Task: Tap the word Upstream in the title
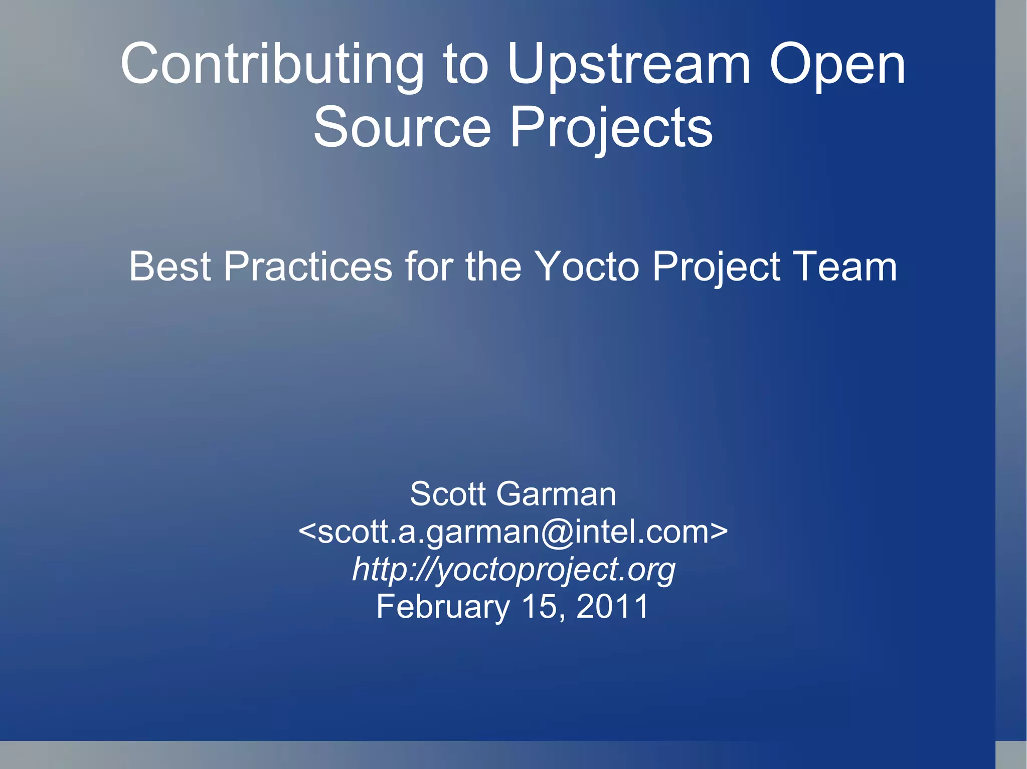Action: click(629, 65)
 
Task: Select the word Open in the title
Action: click(837, 65)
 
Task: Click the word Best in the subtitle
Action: click(169, 267)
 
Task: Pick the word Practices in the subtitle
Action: click(307, 267)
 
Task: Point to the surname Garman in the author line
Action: click(556, 494)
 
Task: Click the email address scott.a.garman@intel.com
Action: click(512, 532)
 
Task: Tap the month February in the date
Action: click(443, 607)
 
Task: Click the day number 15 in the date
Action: click(540, 607)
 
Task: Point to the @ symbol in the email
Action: click(557, 532)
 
